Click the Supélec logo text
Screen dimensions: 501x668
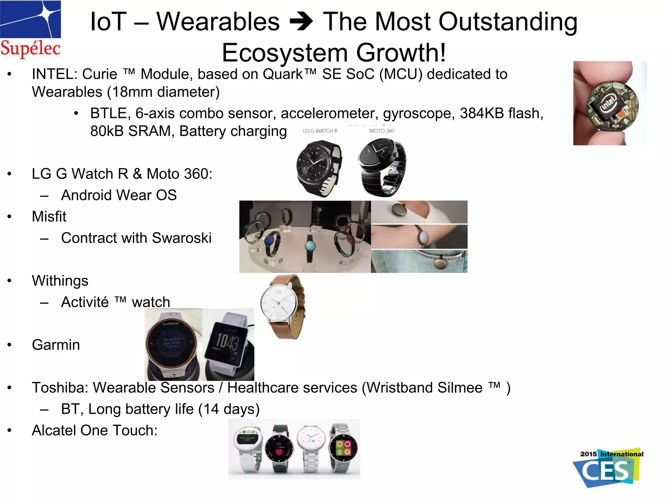[30, 48]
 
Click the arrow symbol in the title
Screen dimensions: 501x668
[301, 22]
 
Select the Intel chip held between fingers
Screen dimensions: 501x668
[612, 105]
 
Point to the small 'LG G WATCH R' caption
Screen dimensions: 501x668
[320, 131]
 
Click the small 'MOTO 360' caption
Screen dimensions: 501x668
[381, 131]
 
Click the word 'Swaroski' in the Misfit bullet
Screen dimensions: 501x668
[182, 238]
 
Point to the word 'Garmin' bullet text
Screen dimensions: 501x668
[56, 345]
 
